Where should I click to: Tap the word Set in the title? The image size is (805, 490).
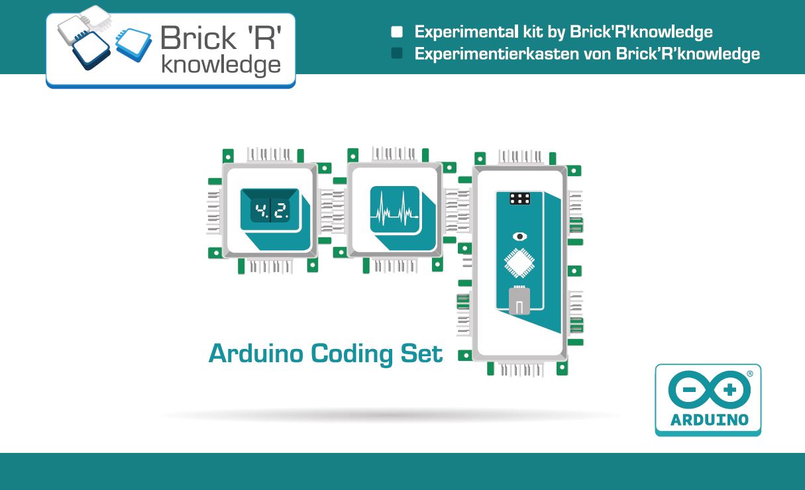tap(421, 353)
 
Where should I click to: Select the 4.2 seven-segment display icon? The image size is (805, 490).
tap(270, 213)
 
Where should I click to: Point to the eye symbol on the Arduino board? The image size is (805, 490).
tap(521, 236)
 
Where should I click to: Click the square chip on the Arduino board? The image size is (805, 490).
tap(521, 264)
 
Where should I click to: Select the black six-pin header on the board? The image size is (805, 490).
tap(520, 199)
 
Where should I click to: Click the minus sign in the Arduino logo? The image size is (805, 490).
tap(688, 391)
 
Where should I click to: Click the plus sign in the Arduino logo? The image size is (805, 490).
tap(729, 391)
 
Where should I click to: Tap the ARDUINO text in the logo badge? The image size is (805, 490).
tap(709, 420)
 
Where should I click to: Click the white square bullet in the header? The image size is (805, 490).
tap(397, 32)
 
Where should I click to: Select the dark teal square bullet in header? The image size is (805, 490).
tap(397, 54)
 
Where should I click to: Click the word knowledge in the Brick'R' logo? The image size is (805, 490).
tap(221, 65)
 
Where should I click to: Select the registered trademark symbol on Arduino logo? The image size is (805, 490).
tap(750, 373)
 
